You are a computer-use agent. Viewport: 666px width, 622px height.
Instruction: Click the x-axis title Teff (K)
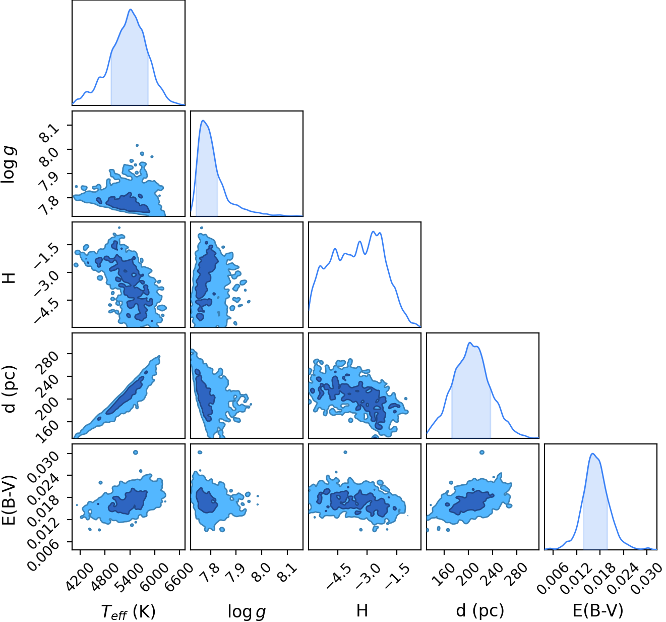[129, 611]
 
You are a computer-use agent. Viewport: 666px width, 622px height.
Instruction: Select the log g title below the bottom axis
[247, 611]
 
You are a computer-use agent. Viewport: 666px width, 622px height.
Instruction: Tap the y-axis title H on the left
[9, 277]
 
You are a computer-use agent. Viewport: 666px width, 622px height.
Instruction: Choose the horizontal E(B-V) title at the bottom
[598, 610]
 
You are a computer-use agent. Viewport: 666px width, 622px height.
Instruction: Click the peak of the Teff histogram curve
[131, 10]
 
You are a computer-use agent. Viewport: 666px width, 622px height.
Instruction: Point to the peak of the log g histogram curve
[203, 120]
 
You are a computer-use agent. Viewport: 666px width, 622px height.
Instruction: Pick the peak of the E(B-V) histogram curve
[593, 454]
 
